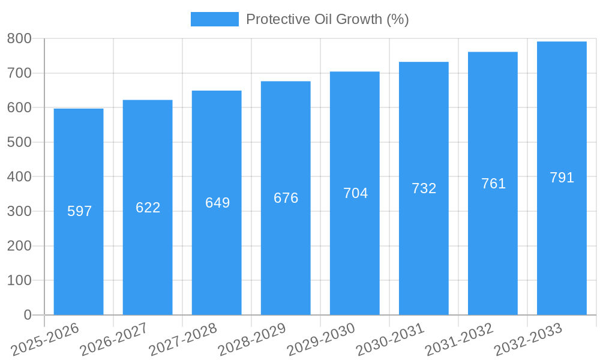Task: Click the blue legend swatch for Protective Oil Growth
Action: point(214,19)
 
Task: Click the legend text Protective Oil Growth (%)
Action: point(327,19)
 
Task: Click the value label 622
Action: point(148,208)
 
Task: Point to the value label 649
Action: point(217,203)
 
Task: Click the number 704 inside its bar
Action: point(355,193)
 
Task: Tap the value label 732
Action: point(424,188)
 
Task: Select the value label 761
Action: point(493,184)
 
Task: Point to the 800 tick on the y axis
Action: point(19,39)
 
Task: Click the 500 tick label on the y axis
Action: point(19,142)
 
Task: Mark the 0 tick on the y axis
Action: point(27,315)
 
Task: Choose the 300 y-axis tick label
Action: point(19,212)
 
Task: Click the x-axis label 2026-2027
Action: point(114,339)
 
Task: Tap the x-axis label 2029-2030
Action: point(321,339)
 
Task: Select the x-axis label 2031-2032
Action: point(459,339)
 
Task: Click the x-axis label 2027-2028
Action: point(183,339)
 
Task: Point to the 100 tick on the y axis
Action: point(19,281)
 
